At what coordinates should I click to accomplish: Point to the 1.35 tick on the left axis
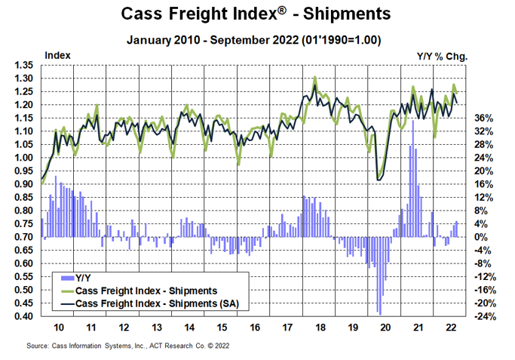coord(25,65)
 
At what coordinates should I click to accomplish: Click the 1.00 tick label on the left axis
coord(25,158)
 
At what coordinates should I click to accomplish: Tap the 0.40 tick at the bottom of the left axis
coord(25,316)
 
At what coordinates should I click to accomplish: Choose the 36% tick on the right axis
coord(483,118)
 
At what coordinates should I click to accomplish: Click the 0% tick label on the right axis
coord(480,237)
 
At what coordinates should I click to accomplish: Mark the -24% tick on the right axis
coord(483,316)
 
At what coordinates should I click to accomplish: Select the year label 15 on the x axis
coord(221,329)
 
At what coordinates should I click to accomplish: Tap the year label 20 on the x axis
coord(385,329)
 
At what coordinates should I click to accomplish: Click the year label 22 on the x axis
coord(450,329)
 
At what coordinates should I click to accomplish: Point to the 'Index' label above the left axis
coord(58,55)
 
